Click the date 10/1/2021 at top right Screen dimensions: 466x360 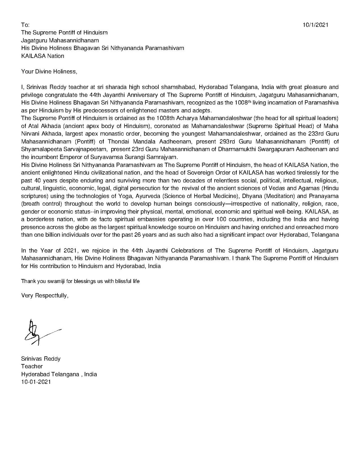315,25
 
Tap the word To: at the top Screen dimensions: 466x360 25,25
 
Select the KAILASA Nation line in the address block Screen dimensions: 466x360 43,56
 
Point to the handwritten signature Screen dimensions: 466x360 37,332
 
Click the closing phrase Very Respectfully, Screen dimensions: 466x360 45,295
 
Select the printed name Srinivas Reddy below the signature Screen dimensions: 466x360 41,359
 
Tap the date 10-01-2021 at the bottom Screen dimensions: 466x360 36,382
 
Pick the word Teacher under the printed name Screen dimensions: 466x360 32,366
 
